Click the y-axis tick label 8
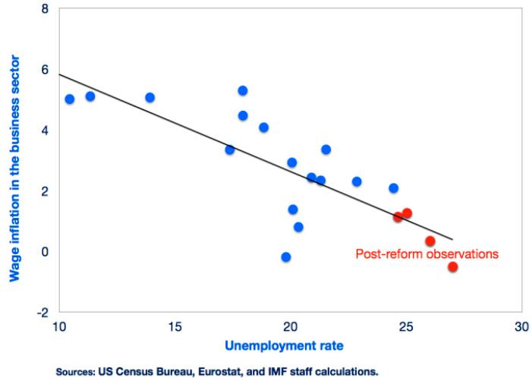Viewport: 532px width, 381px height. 45,9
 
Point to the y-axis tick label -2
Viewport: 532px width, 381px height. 42,312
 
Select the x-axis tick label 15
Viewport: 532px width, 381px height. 175,327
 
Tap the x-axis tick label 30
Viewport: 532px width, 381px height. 521,327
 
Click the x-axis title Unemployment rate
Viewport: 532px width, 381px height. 284,346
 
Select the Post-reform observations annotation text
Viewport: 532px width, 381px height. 427,254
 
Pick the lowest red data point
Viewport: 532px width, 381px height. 453,266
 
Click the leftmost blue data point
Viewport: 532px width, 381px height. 70,99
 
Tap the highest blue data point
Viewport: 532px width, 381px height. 243,90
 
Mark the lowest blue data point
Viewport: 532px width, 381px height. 286,257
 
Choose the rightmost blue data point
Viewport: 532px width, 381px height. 393,188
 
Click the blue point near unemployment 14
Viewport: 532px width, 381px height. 150,97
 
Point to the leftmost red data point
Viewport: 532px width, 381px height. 398,217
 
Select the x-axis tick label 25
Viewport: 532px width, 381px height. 405,327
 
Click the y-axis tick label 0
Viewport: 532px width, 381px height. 45,251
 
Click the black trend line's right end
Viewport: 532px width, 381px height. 452,238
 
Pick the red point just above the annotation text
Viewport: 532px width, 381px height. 430,241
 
